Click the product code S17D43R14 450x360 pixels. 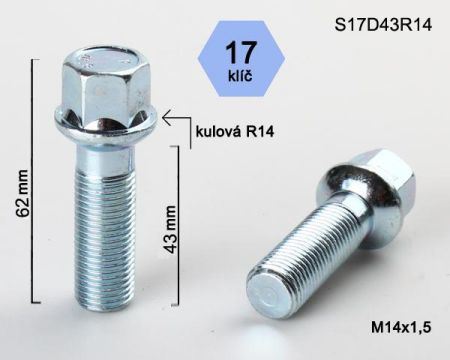pyautogui.click(x=383, y=25)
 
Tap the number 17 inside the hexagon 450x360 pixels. pyautogui.click(x=241, y=52)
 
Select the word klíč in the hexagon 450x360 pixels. pyautogui.click(x=240, y=76)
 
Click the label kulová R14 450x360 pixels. pyautogui.click(x=235, y=132)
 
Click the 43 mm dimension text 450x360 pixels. pyautogui.click(x=170, y=229)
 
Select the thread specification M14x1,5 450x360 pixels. pyautogui.click(x=401, y=328)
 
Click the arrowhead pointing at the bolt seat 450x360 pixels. pyautogui.click(x=167, y=117)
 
